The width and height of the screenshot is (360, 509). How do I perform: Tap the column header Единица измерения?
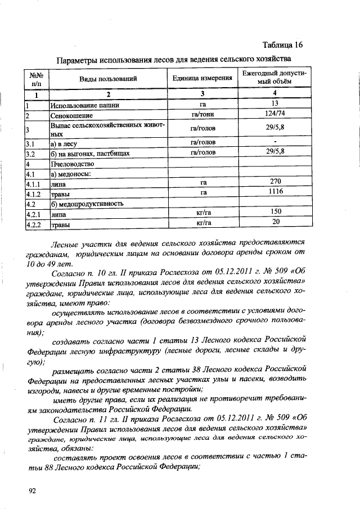[x=202, y=79]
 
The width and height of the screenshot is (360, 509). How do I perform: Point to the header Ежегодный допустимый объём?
[x=274, y=78]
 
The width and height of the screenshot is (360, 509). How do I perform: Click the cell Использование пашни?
[x=80, y=105]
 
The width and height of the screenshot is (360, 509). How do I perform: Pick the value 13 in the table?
[x=275, y=104]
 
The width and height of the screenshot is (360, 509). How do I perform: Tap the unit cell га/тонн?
[x=202, y=115]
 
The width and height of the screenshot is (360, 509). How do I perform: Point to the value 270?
[x=275, y=182]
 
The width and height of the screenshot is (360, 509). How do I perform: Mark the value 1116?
[x=275, y=192]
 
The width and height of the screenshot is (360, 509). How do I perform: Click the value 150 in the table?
[x=275, y=212]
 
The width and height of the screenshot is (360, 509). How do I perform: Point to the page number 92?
[x=32, y=490]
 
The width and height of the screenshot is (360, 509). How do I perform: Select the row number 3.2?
[x=31, y=154]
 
